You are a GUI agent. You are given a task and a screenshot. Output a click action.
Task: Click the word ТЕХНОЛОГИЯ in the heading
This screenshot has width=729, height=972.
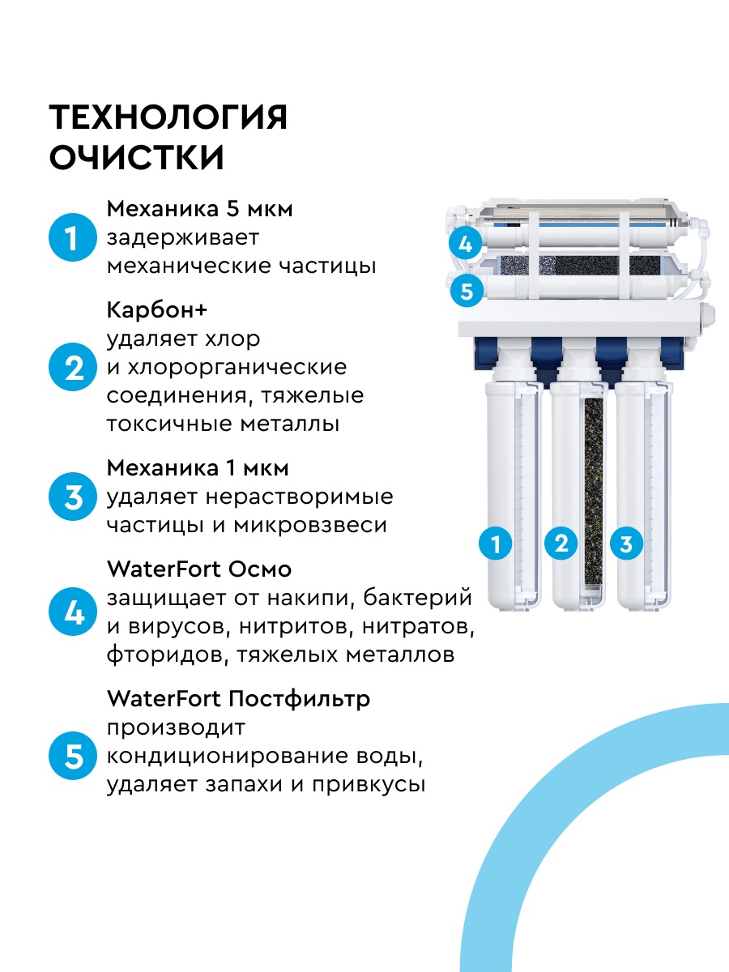point(168,118)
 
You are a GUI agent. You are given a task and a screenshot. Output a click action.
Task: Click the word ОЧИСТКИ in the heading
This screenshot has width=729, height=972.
point(137,158)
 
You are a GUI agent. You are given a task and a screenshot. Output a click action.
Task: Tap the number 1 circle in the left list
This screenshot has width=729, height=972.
point(74,238)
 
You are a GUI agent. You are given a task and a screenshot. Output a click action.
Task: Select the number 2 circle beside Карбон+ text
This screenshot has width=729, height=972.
point(74,368)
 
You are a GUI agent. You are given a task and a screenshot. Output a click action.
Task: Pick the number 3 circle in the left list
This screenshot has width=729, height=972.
point(74,497)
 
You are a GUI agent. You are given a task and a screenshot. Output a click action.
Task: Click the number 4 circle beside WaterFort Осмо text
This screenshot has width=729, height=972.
point(74,612)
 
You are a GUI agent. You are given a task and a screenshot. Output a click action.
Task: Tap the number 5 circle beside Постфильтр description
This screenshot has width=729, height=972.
point(74,757)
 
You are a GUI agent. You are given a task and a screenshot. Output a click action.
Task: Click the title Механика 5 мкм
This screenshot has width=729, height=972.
point(199,209)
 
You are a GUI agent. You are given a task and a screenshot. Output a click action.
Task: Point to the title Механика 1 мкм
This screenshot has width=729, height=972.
point(198,468)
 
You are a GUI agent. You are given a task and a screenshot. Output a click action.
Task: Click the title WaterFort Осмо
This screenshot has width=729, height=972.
point(198,569)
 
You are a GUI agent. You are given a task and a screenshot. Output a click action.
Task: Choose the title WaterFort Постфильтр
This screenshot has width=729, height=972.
point(238,698)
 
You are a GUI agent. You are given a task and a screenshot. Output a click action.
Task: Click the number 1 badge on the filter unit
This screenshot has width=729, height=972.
point(496,544)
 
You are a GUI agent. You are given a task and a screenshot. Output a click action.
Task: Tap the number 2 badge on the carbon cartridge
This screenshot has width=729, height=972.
point(561,544)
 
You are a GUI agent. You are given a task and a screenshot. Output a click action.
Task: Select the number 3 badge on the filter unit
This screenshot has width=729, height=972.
point(625,544)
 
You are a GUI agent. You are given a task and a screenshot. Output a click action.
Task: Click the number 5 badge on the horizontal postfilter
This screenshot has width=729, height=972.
point(466,291)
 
